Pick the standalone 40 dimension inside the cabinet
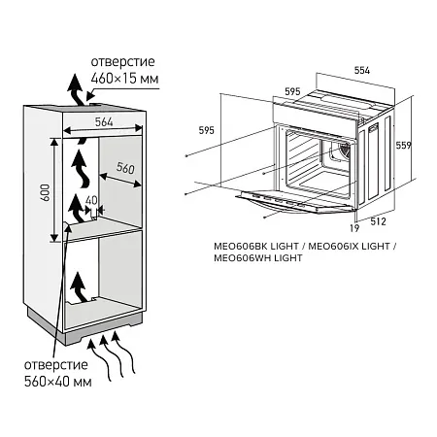[91, 201]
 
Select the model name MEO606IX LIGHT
[347, 247]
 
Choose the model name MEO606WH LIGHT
[257, 259]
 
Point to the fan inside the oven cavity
[340, 152]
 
